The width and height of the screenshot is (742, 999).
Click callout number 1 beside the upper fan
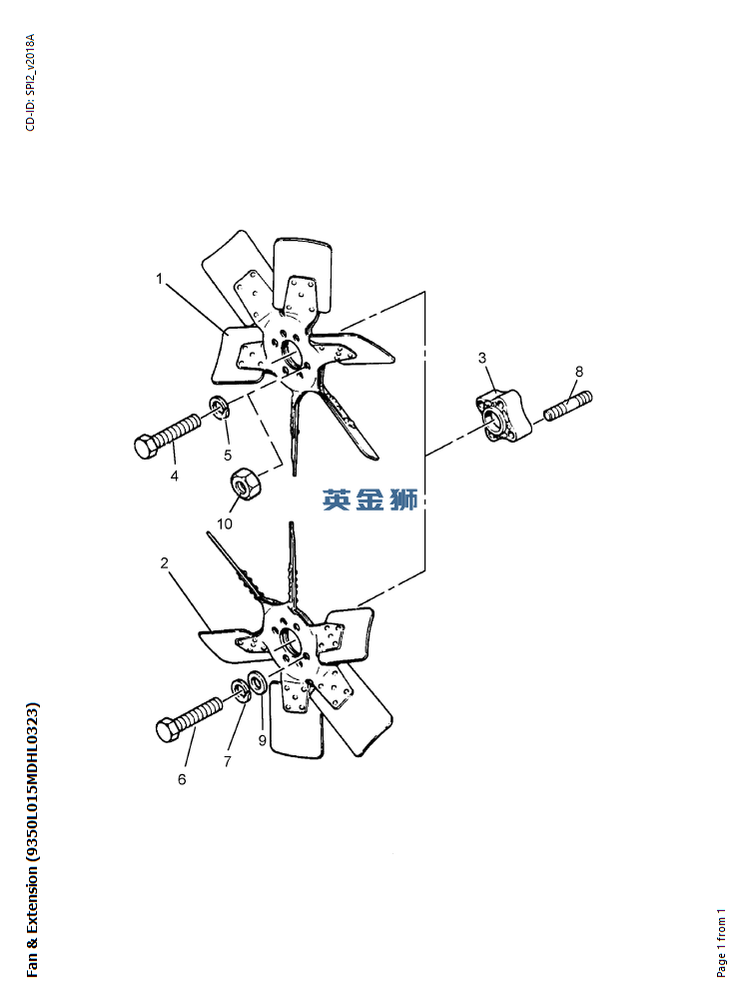tap(160, 279)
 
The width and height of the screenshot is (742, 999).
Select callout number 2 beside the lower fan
tap(165, 563)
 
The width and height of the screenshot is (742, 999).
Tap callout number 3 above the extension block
tap(482, 358)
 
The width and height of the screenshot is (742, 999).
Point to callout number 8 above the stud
tap(579, 372)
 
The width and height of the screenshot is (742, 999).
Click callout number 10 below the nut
tap(225, 523)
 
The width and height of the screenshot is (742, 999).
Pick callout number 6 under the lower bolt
tap(182, 779)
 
